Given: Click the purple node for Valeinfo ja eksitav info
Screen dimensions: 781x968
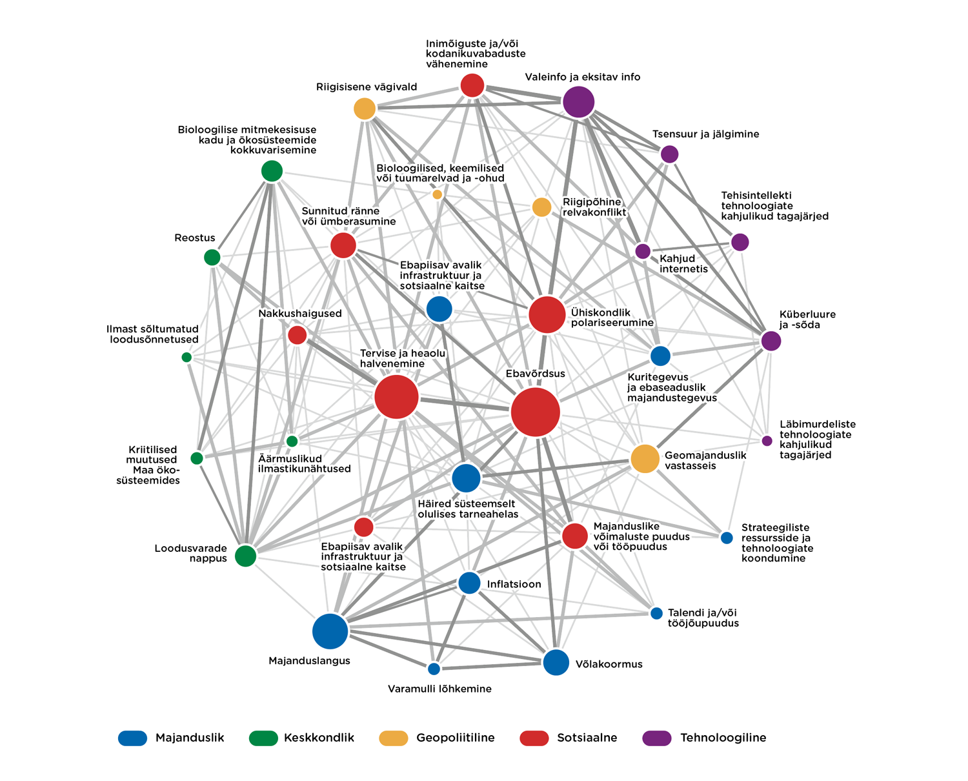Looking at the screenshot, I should click(578, 101).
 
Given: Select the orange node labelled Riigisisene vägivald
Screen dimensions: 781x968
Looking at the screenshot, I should click(365, 108).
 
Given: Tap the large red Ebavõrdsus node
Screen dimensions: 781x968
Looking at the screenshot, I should click(535, 412).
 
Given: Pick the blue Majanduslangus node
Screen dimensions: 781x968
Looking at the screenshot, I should click(330, 631).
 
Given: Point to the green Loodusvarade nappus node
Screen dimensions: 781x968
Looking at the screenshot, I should click(245, 555).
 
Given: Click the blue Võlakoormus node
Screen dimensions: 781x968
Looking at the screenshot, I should click(556, 662).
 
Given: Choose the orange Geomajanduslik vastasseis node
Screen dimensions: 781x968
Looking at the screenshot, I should click(645, 459).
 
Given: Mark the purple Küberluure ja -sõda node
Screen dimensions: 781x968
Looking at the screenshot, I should click(771, 341).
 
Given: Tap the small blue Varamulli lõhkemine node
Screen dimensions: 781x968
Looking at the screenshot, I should click(434, 669).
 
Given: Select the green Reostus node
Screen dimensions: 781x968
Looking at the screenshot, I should click(212, 258).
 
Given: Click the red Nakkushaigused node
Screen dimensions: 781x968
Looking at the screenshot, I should click(297, 335).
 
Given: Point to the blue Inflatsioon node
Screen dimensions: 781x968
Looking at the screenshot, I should click(469, 583).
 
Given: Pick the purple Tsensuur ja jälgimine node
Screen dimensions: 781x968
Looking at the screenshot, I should click(670, 154).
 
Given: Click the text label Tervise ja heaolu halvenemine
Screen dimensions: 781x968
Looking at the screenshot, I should click(402, 358).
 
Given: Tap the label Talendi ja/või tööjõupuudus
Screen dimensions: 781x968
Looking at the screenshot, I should click(703, 618).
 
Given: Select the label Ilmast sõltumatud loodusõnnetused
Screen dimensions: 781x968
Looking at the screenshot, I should click(153, 334).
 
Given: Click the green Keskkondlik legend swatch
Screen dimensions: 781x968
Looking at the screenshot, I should click(263, 738).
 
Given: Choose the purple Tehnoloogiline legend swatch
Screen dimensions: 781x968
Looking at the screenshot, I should click(657, 738).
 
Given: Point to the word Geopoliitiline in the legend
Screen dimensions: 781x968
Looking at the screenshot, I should click(455, 738).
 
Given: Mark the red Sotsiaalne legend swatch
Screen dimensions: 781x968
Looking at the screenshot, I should click(534, 738).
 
